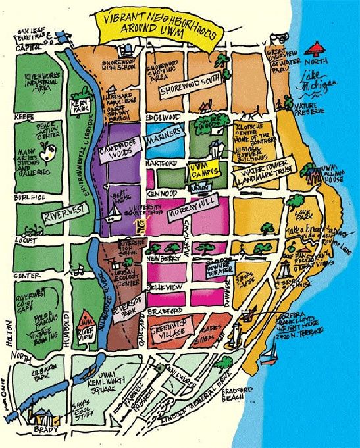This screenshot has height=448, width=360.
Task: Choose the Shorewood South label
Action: coord(190,91)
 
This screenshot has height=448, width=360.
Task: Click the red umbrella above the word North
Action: coord(317,47)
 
